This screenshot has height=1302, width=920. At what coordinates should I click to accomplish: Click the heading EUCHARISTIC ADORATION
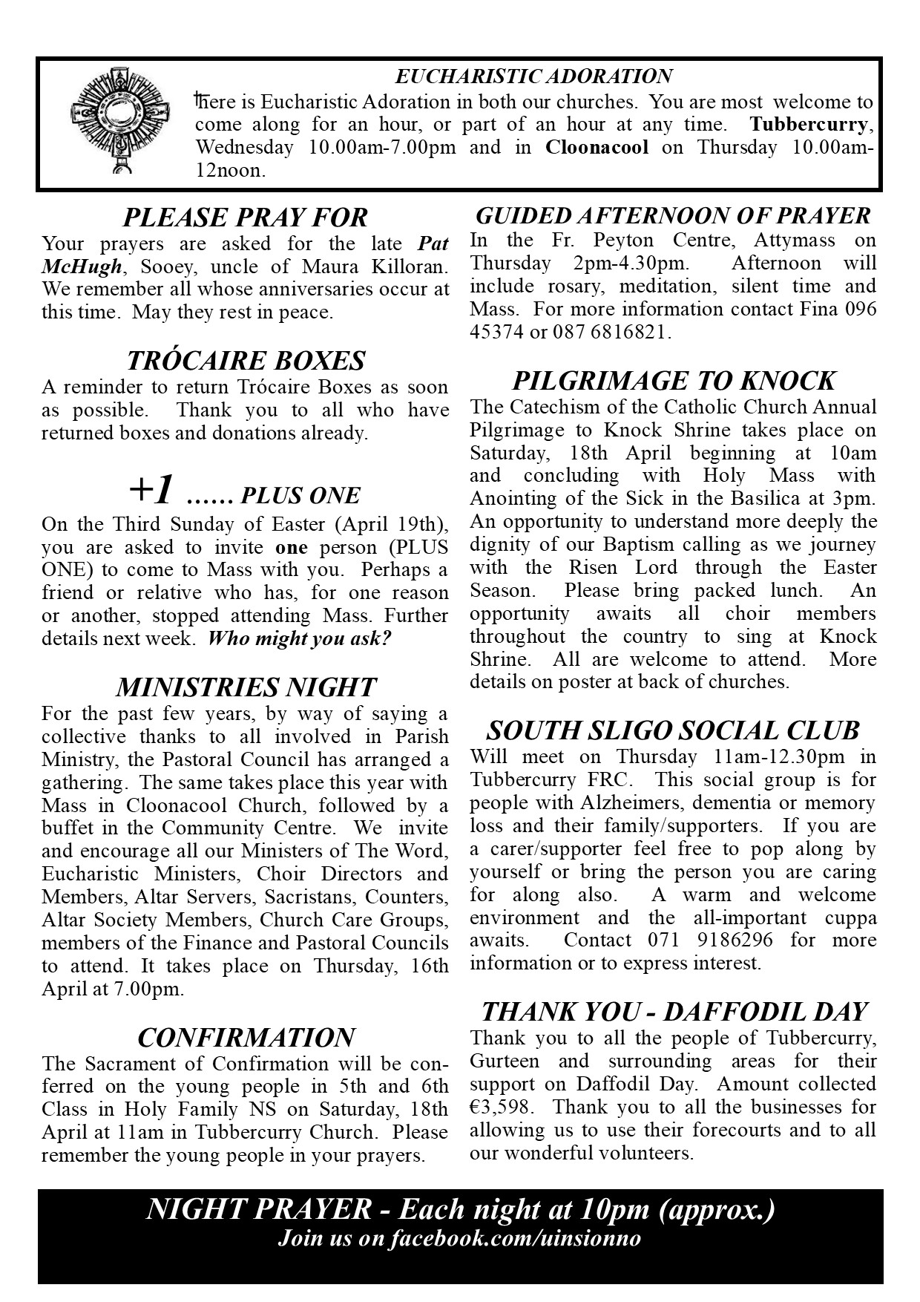click(533, 76)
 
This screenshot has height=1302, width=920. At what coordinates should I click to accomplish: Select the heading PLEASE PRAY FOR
click(245, 217)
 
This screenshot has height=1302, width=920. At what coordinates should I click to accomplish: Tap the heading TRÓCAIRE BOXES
click(246, 361)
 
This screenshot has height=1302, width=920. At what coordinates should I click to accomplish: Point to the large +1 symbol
click(153, 490)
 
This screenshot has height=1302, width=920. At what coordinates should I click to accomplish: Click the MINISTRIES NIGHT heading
click(246, 687)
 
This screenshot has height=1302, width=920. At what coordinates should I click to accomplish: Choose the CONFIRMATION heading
click(246, 1037)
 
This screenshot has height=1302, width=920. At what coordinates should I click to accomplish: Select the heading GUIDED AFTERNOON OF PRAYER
click(673, 216)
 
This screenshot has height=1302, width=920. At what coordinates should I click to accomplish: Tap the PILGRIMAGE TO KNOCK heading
click(673, 381)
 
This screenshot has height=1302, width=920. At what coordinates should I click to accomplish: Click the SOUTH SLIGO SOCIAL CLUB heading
click(673, 731)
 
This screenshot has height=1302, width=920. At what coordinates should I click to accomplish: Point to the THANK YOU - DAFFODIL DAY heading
click(673, 1011)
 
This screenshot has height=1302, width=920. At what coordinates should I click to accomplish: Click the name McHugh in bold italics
click(81, 266)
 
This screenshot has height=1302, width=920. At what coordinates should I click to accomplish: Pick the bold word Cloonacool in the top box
click(597, 147)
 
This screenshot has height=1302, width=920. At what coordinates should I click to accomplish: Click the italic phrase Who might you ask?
click(299, 638)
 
